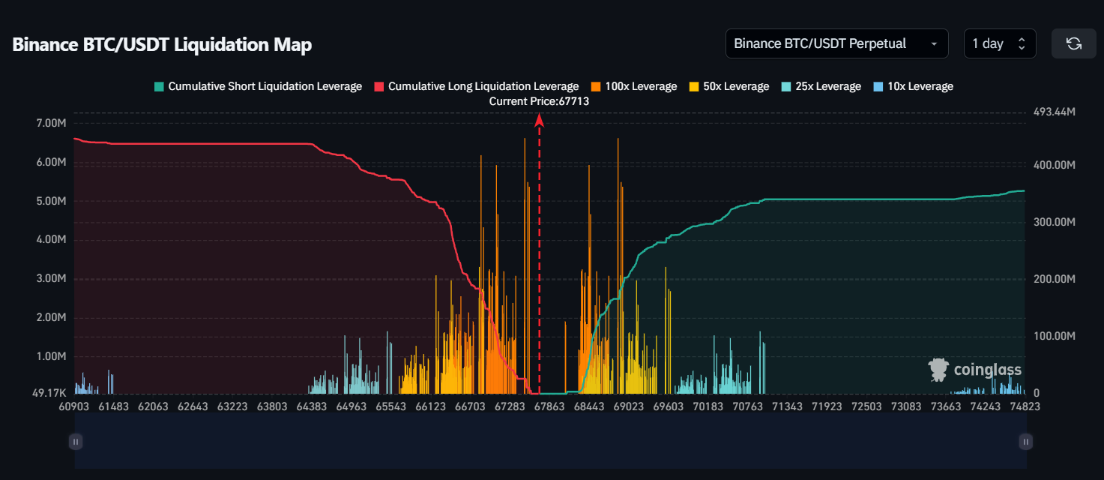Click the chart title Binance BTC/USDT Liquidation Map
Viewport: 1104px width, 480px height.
162,45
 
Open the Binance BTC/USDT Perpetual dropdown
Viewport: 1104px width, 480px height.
836,43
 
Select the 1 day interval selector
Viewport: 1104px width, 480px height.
999,43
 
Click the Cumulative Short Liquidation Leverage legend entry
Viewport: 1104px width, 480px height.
258,86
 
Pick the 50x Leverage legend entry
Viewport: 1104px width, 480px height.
729,86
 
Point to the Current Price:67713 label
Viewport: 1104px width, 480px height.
539,100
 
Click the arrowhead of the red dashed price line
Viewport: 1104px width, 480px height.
540,118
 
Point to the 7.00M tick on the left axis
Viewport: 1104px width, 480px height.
52,123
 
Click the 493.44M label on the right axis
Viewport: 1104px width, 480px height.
1055,112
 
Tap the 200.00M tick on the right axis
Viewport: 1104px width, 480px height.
1055,279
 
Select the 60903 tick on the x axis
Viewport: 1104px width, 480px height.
73,406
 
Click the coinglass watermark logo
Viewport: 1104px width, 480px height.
974,370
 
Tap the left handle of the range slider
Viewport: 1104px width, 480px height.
75,442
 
